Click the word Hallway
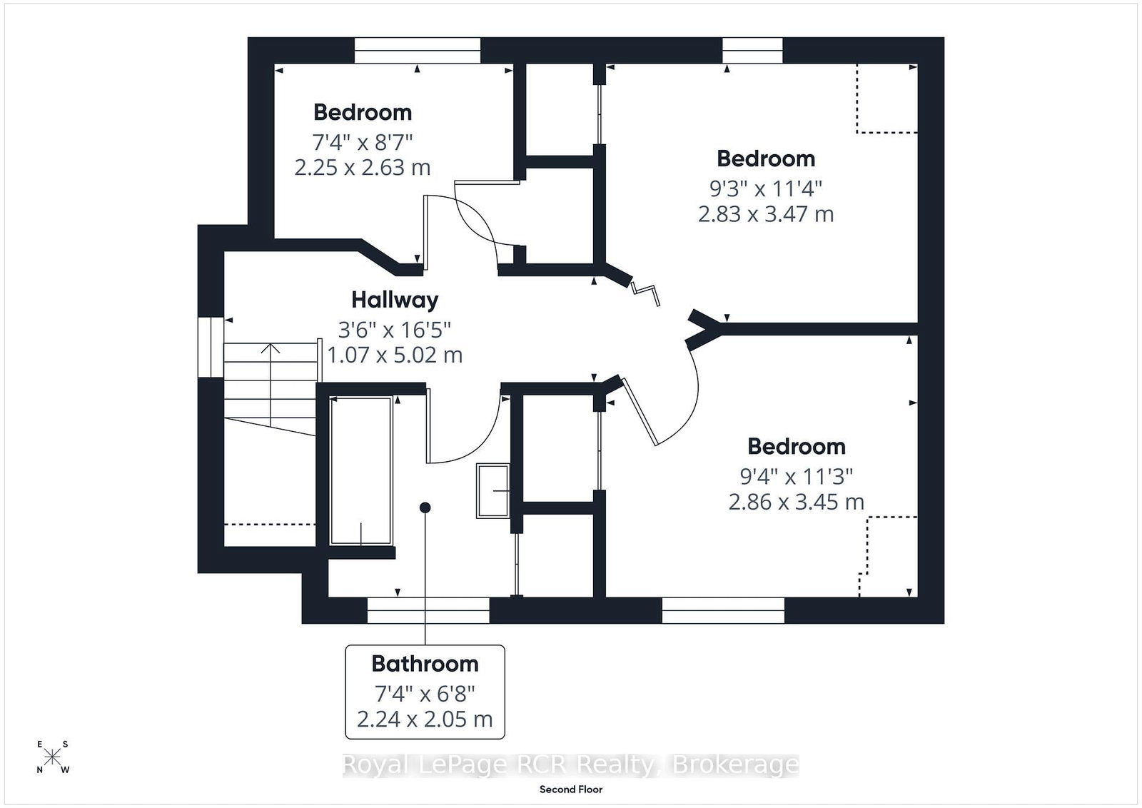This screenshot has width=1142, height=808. point(395,301)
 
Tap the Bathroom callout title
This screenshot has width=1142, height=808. point(425,664)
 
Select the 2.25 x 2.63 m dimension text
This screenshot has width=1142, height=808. point(362,167)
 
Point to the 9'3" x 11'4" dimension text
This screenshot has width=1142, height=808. point(766,189)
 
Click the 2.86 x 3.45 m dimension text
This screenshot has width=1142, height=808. point(796,502)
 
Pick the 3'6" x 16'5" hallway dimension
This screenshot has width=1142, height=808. point(395,330)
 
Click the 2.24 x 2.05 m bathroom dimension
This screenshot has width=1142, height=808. point(425,719)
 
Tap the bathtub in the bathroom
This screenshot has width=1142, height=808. point(361,470)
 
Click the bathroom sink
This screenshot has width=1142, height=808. point(493,490)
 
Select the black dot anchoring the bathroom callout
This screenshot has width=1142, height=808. point(425,507)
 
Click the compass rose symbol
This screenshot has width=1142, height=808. point(52,757)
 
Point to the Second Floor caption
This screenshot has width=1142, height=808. point(571,789)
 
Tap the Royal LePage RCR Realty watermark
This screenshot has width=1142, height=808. point(570,764)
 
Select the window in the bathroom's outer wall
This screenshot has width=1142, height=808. point(428,610)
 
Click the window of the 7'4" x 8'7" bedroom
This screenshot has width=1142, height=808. point(417,51)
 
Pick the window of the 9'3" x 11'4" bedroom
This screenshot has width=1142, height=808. point(752,51)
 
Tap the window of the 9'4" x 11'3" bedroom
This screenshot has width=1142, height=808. point(723,610)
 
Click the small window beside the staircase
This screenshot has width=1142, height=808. point(211,347)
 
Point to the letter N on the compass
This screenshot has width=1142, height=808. point(40,769)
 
